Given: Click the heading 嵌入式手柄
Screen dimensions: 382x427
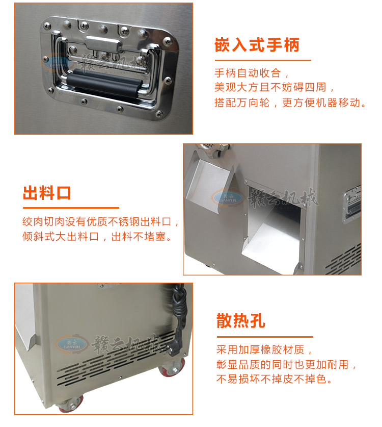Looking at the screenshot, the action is pos(257,45).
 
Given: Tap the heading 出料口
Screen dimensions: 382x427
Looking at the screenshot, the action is pos(47,193).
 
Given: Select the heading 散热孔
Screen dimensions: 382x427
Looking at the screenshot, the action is pos(240,321).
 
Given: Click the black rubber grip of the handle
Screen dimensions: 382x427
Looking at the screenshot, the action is pos(103,83).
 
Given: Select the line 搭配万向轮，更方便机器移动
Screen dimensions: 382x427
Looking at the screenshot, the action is pos(290,103).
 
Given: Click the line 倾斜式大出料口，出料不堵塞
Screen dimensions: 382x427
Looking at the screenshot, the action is pos(97,236).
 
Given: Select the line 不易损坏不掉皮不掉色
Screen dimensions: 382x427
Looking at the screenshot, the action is pos(274,379).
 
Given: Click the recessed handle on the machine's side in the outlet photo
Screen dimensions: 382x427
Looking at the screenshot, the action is pos(352,204).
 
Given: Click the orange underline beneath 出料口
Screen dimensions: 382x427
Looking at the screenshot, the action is pos(71,208).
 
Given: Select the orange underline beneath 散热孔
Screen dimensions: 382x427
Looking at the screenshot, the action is pos(265,337).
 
